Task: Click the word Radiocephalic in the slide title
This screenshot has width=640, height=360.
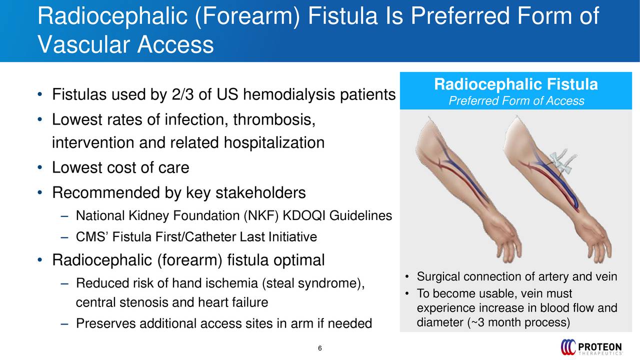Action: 112,16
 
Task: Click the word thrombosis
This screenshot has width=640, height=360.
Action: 274,119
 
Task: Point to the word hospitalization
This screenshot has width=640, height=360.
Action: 274,142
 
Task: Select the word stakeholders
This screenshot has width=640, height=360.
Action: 260,192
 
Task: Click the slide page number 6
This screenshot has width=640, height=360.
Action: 319,348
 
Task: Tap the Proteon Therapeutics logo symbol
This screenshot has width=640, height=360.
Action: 568,347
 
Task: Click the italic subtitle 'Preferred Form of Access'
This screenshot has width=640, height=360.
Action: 516,101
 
